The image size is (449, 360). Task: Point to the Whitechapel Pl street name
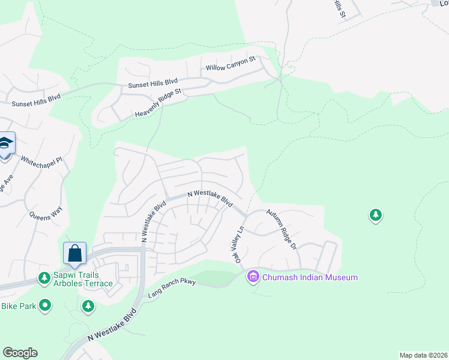41,161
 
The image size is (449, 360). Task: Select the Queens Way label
46,211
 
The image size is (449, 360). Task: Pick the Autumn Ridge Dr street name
282,229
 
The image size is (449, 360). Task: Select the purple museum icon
253,277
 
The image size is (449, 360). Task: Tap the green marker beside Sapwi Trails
44,278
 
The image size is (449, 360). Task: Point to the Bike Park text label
17,307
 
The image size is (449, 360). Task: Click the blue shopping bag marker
75,253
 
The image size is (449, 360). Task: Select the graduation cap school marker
5,144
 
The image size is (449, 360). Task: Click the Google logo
20,353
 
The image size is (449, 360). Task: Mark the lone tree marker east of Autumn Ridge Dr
376,214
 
